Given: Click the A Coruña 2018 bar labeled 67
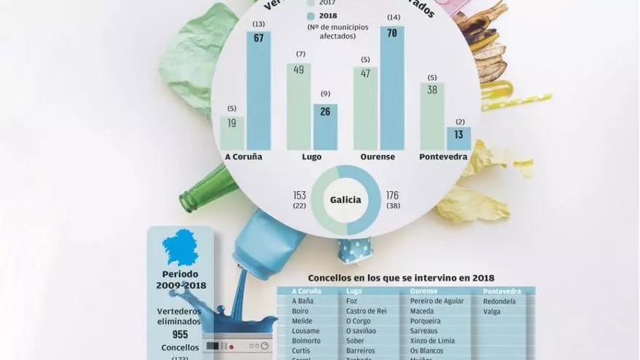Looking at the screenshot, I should [258, 91].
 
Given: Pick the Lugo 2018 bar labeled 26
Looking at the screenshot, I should [325, 127].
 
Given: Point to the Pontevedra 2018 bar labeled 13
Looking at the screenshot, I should [458, 138].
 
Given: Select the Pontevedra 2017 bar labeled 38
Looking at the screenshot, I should [432, 116].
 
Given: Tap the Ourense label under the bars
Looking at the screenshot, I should [378, 156].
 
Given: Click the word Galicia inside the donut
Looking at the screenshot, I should [346, 200].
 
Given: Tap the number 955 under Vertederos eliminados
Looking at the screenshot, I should [180, 335].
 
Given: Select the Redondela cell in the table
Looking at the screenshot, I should [499, 301].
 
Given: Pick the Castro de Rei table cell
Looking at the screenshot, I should [367, 311].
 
